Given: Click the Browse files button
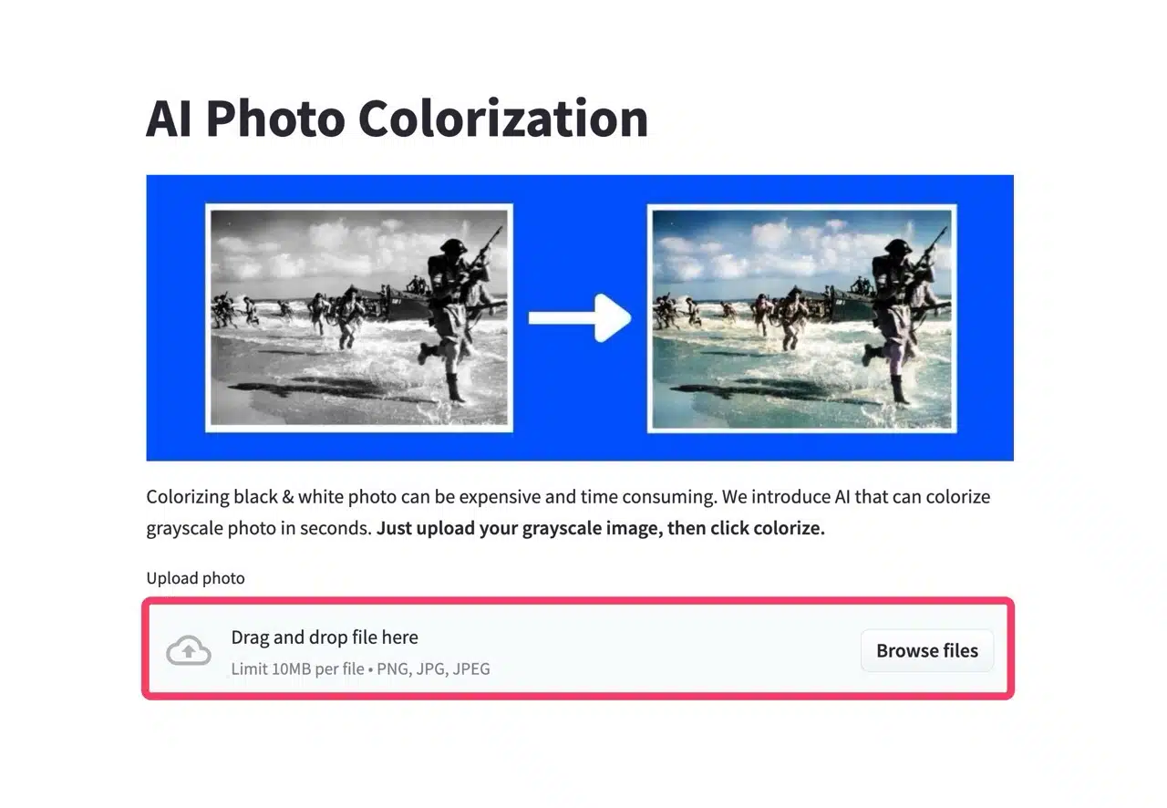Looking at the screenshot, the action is click(x=927, y=650).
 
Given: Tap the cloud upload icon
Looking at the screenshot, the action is click(x=189, y=650).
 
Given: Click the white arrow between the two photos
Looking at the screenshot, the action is click(x=580, y=318).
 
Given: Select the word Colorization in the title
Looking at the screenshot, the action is click(x=503, y=119).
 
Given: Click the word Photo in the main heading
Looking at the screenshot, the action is click(x=275, y=119).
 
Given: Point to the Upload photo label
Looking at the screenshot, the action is click(x=195, y=578).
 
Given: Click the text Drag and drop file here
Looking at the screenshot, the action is click(x=325, y=637).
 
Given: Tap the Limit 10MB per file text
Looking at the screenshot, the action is click(x=297, y=668).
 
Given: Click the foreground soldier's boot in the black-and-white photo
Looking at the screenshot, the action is click(x=455, y=388).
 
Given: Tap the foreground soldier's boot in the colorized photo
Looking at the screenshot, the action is click(x=900, y=388).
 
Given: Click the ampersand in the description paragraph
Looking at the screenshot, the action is click(x=287, y=497).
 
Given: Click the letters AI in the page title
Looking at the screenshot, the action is click(x=169, y=119).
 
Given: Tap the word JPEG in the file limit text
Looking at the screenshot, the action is click(x=471, y=668).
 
